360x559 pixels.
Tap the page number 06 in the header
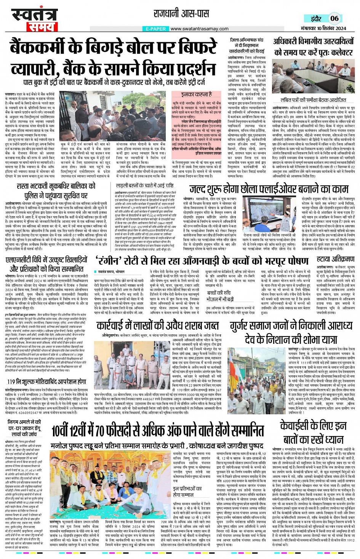[x=334, y=18]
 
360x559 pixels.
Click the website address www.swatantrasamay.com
[x=199, y=29]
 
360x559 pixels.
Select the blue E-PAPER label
[x=156, y=29]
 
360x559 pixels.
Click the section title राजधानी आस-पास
[x=181, y=14]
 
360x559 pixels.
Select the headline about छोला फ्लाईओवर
[x=269, y=189]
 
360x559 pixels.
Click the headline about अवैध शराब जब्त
[x=157, y=326]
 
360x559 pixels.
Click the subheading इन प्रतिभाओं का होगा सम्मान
[x=187, y=491]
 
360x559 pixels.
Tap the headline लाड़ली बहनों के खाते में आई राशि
[x=144, y=185]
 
